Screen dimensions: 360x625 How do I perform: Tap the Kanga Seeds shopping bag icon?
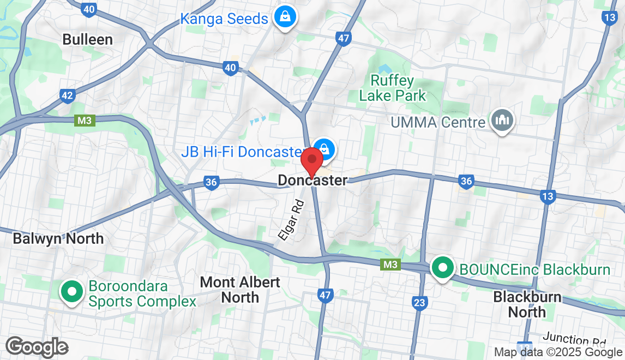pyautogui.click(x=285, y=17)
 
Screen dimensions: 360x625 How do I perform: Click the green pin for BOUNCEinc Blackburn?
pyautogui.click(x=443, y=268)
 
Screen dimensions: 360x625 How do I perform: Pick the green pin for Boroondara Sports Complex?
pyautogui.click(x=71, y=291)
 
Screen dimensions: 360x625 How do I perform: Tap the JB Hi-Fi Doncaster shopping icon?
pyautogui.click(x=324, y=148)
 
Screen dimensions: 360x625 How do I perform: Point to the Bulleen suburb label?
pyautogui.click(x=87, y=39)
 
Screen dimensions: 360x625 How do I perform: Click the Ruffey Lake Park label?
pyautogui.click(x=392, y=88)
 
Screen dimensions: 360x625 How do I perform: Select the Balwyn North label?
pyautogui.click(x=58, y=238)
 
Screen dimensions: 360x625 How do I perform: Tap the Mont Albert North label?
pyautogui.click(x=240, y=290)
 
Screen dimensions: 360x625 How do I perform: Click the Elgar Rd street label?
pyautogui.click(x=291, y=220)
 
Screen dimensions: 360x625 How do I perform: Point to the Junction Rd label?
pyautogui.click(x=574, y=340)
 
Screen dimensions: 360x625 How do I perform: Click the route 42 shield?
pyautogui.click(x=67, y=96)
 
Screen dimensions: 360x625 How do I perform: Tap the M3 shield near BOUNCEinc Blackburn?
pyautogui.click(x=390, y=265)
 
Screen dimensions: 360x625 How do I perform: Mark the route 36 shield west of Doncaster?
pyautogui.click(x=212, y=183)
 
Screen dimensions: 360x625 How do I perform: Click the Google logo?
pyautogui.click(x=37, y=346)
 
